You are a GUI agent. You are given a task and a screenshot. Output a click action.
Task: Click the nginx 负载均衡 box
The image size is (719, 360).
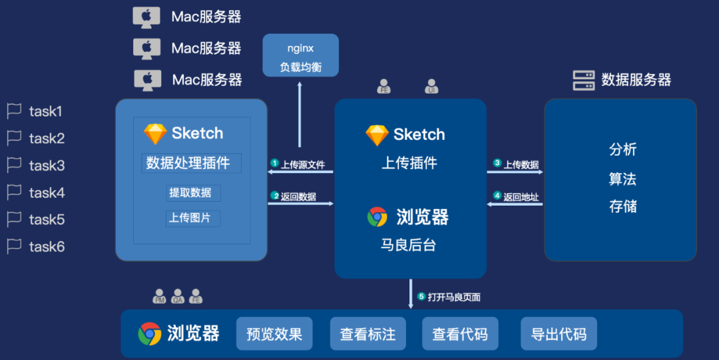click(300, 55)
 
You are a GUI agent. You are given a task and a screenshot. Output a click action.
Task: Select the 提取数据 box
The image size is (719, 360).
click(193, 193)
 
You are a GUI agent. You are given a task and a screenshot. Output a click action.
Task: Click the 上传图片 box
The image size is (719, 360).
click(192, 218)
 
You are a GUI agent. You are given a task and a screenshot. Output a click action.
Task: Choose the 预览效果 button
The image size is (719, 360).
click(274, 334)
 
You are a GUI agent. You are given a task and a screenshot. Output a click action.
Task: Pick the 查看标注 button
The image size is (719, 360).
click(367, 334)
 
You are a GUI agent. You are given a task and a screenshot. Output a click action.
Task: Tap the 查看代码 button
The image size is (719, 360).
click(459, 334)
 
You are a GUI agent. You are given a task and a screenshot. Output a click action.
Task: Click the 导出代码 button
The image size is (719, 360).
click(559, 334)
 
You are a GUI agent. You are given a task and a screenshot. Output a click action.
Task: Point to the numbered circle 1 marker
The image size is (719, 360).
click(274, 163)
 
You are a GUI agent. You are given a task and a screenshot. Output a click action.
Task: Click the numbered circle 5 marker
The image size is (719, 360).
click(421, 297)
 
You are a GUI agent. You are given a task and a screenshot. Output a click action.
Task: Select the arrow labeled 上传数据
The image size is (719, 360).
click(515, 172)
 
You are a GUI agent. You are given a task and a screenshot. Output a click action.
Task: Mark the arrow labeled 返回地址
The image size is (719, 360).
click(515, 204)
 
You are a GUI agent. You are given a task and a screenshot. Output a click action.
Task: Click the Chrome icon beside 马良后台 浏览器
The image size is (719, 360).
click(377, 217)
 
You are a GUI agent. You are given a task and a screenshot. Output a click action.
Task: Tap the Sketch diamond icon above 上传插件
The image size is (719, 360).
click(377, 135)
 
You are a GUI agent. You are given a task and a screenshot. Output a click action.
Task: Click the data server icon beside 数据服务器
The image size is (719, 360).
click(583, 81)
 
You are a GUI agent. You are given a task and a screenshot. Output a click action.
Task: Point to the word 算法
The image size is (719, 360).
click(622, 178)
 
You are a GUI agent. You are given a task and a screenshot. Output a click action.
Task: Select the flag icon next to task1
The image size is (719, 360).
click(14, 111)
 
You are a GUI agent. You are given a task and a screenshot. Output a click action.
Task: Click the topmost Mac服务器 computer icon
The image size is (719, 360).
click(146, 17)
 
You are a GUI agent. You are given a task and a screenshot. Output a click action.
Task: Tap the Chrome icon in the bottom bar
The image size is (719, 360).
click(150, 333)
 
